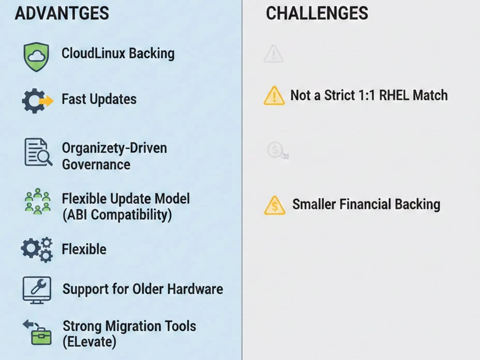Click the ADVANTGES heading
[x=62, y=13]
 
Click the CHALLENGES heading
[x=317, y=13]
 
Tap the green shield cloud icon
[x=36, y=56]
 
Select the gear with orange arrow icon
[x=37, y=100]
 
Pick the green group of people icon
[x=37, y=202]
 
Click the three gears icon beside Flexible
[x=37, y=249]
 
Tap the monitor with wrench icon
[x=37, y=289]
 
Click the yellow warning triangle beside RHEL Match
[x=274, y=96]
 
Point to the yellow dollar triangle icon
[x=275, y=205]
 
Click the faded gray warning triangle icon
[x=273, y=54]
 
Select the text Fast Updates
[x=99, y=99]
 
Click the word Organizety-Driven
[x=114, y=148]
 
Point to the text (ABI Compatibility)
[x=116, y=215]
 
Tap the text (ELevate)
[x=89, y=342]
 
